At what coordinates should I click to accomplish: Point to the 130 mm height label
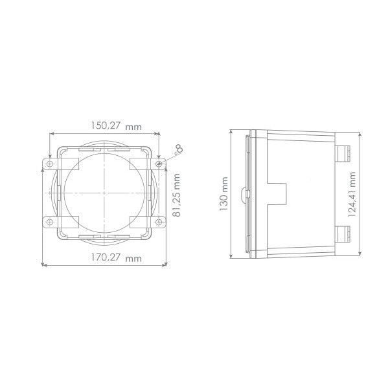click(224, 193)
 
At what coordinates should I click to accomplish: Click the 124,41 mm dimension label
click(353, 193)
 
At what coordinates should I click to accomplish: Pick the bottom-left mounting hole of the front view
click(51, 222)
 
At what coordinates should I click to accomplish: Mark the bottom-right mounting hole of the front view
click(159, 222)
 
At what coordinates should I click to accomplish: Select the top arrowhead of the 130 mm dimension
click(231, 131)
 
